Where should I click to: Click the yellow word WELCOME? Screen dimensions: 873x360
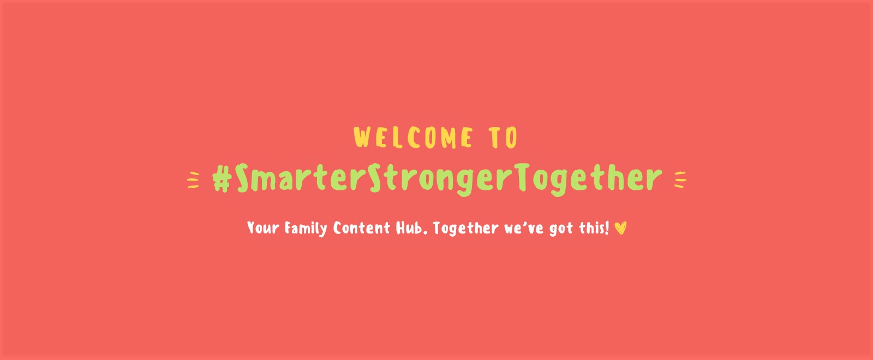pyautogui.click(x=412, y=137)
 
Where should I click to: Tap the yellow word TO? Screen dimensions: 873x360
pyautogui.click(x=503, y=137)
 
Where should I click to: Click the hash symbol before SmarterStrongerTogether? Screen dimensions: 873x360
pyautogui.click(x=222, y=179)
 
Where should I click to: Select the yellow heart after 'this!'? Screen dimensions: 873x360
pyautogui.click(x=620, y=228)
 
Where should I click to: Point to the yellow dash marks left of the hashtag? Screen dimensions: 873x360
pyautogui.click(x=193, y=180)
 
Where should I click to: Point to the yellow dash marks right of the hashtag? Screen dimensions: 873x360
pyautogui.click(x=680, y=179)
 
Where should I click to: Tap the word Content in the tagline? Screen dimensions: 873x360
pyautogui.click(x=361, y=228)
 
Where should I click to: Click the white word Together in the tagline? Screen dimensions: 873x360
pyautogui.click(x=466, y=229)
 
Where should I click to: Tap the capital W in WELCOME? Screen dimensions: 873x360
pyautogui.click(x=362, y=137)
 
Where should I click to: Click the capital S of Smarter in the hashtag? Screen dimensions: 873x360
pyautogui.click(x=242, y=178)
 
